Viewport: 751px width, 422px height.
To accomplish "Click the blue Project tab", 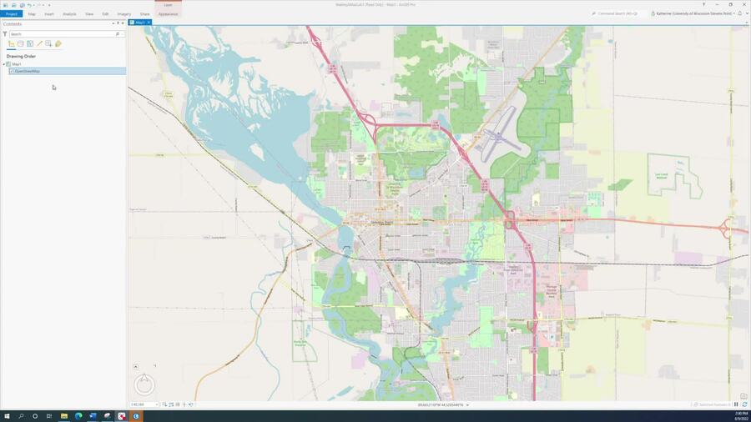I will point(11,14).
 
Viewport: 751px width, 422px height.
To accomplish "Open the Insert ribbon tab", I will point(49,14).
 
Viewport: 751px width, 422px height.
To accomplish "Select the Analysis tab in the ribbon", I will point(69,14).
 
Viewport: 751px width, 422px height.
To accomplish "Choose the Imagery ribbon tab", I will point(123,14).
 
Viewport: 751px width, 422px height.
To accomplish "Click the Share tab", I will point(145,14).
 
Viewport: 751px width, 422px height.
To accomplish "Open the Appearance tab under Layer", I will point(168,14).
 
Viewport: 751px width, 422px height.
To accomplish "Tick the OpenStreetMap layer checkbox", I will point(12,71).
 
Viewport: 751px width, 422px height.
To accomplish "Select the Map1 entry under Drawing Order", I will point(17,64).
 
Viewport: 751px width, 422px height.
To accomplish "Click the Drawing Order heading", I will point(21,57).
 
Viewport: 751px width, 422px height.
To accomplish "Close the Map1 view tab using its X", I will point(149,23).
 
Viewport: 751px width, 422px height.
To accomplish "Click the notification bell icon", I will point(739,13).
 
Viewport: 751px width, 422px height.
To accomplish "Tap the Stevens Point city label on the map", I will point(382,223).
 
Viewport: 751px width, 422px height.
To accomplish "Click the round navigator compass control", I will point(144,384).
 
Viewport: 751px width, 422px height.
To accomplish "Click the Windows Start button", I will point(7,415).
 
